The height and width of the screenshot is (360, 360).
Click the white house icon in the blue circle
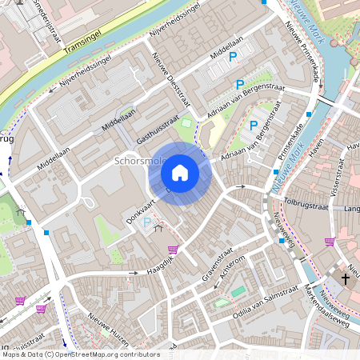pyautogui.click(x=180, y=172)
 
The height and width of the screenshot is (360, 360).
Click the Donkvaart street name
pyautogui.click(x=139, y=206)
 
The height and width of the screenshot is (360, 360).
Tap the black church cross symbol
pyautogui.click(x=346, y=278)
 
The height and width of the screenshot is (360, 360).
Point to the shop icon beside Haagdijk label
pyautogui.click(x=171, y=250)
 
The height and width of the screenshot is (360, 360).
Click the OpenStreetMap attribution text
pyautogui.click(x=80, y=354)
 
